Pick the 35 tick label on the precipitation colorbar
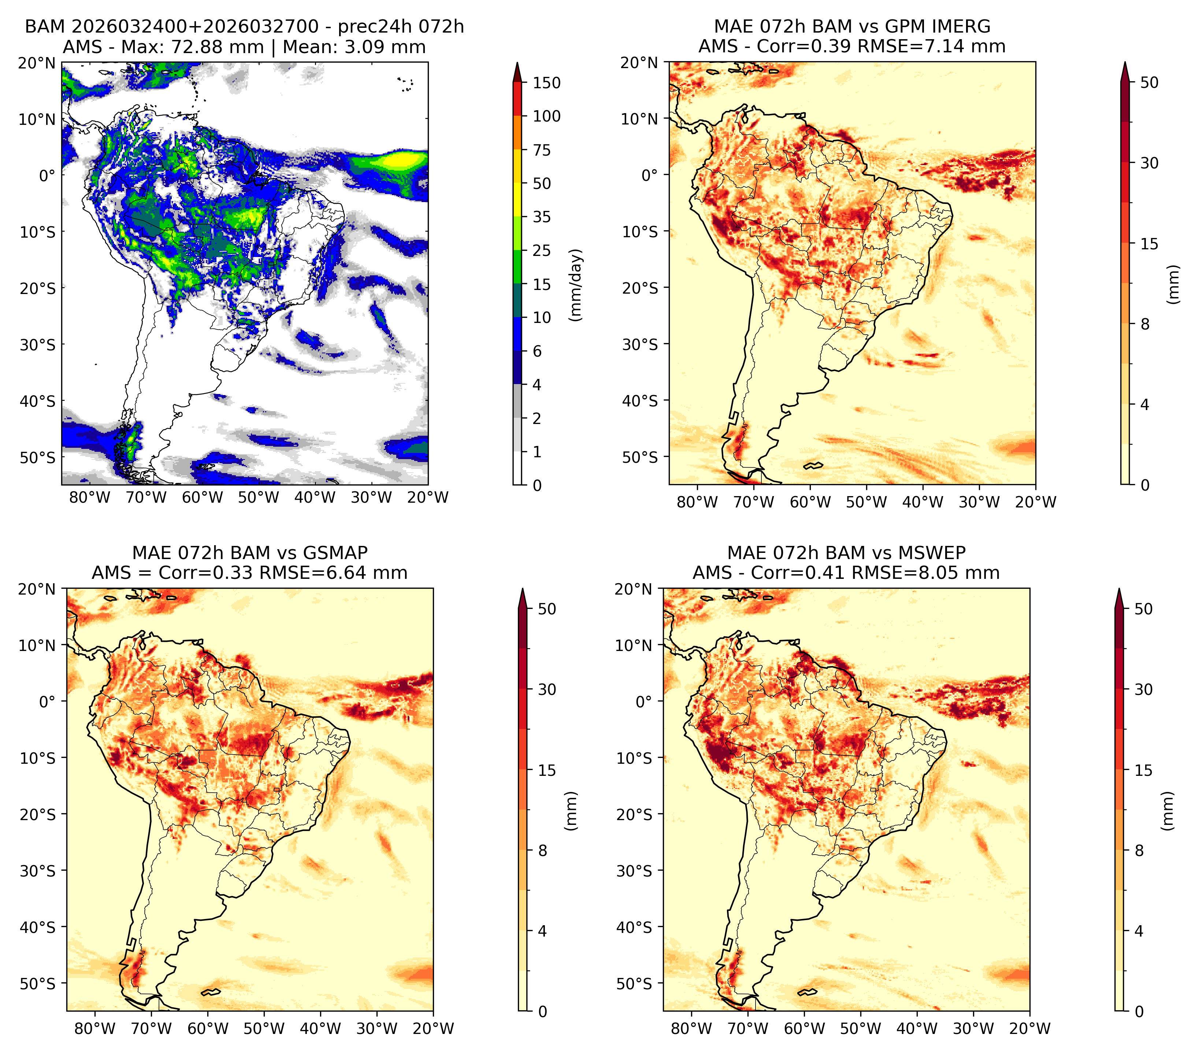(541, 217)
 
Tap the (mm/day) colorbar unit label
(577, 285)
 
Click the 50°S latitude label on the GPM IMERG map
(641, 457)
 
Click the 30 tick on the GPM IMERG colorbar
(1149, 163)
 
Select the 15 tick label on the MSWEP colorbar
(1143, 770)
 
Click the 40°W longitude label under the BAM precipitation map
(315, 497)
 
